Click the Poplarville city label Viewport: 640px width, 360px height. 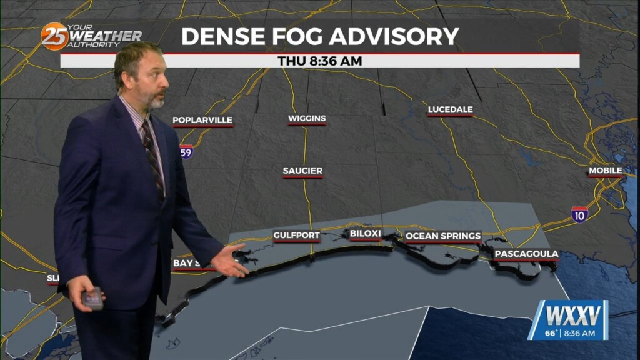point(202,120)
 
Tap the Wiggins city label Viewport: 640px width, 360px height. point(307,118)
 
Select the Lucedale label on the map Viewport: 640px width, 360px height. point(450,109)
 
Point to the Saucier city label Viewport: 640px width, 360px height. point(302,171)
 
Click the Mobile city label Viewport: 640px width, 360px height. point(604,171)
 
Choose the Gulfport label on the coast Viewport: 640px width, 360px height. point(296,236)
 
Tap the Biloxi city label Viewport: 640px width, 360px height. point(365,234)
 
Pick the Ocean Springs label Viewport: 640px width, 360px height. point(443,236)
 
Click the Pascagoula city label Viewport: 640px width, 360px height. point(526,254)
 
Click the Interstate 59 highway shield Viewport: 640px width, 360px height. point(186,152)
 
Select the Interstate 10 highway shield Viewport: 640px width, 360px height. point(579,214)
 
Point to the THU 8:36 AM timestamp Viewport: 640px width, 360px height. point(320,61)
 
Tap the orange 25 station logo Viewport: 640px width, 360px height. point(54,36)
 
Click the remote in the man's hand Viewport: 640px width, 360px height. point(92,299)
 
